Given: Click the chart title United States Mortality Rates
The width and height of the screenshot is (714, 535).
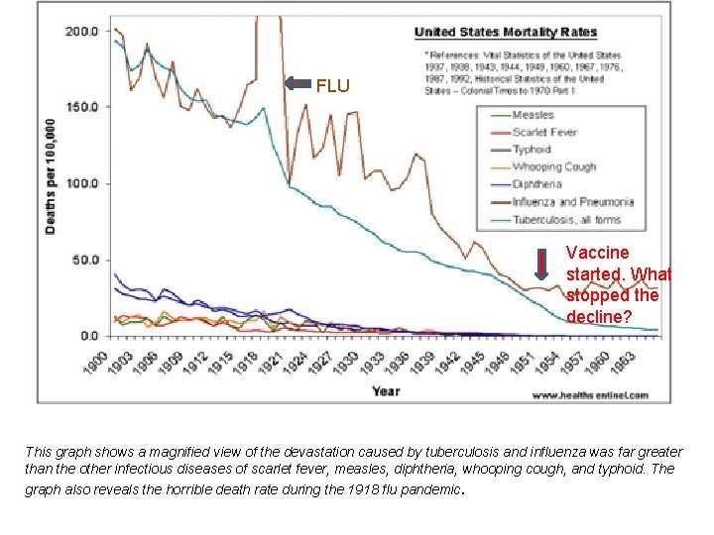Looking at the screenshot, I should click(505, 33).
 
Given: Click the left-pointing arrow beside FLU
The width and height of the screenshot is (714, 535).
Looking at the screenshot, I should click(297, 84).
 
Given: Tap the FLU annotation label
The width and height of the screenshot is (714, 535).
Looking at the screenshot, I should click(333, 86).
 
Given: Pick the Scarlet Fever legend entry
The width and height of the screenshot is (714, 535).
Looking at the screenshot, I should click(544, 132).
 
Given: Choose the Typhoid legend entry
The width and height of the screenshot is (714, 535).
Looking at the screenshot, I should click(534, 150).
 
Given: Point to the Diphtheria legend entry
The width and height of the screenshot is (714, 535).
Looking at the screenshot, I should click(537, 184).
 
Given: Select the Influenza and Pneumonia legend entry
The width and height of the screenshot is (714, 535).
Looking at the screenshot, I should click(572, 201).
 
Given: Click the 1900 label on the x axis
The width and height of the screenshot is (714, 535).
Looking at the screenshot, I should click(95, 362).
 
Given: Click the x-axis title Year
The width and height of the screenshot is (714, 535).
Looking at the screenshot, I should click(386, 391).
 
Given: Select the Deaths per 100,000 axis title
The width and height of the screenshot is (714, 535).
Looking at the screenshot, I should click(50, 178).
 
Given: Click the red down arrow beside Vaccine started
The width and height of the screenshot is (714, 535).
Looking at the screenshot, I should click(541, 265).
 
